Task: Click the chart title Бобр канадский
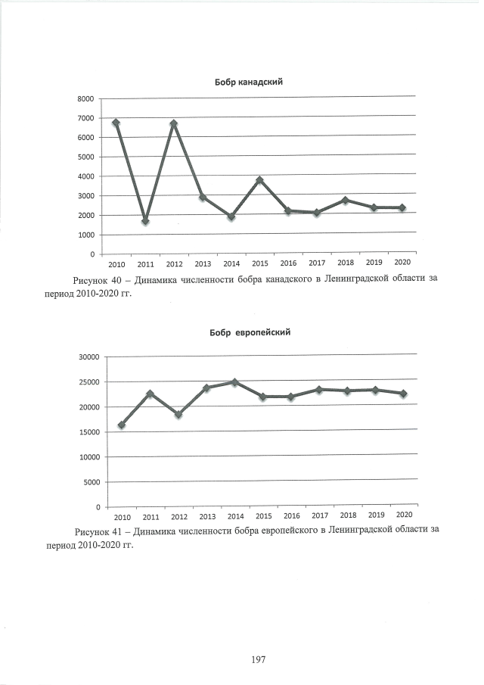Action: (249, 81)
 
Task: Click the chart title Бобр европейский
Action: (250, 332)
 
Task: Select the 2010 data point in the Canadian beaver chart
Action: (116, 123)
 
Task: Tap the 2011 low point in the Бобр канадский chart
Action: (144, 221)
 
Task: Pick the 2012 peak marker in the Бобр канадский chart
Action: (173, 124)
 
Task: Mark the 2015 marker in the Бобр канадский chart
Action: (259, 180)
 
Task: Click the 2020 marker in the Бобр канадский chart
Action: (402, 207)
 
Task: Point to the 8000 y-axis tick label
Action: (84, 99)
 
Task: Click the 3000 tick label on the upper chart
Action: (84, 196)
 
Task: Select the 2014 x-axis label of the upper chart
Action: (231, 264)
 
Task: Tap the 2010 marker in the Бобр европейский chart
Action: (122, 425)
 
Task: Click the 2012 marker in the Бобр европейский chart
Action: (178, 415)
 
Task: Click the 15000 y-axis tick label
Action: (88, 432)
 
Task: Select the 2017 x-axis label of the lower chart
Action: (320, 515)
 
